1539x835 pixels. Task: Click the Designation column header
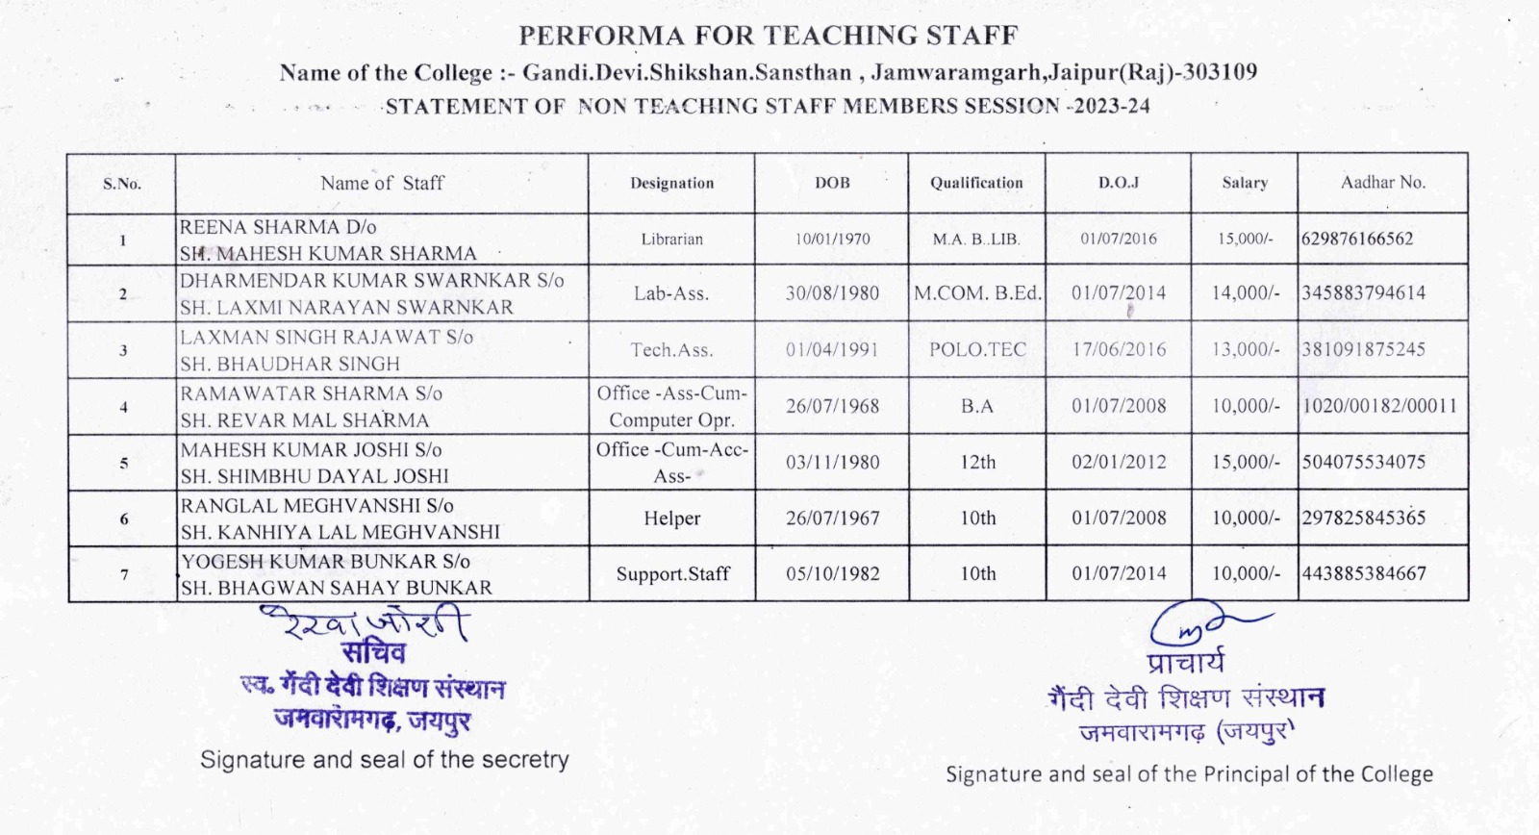[671, 183]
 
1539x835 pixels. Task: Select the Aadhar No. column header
[1382, 182]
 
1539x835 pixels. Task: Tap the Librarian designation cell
[671, 239]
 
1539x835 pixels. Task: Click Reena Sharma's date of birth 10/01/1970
[832, 239]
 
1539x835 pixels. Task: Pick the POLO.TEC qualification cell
[977, 349]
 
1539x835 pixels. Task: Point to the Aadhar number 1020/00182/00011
[1379, 406]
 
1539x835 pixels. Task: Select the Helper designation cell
[671, 519]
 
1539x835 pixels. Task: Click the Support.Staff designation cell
[672, 574]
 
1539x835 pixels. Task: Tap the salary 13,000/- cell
[1245, 349]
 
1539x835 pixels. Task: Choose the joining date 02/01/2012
[1119, 462]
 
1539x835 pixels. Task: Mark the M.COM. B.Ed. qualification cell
[977, 292]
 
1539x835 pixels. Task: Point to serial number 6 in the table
[123, 519]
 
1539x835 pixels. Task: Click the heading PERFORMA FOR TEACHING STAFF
[768, 36]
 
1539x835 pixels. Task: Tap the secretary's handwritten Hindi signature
[366, 623]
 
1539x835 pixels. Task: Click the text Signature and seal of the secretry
[384, 760]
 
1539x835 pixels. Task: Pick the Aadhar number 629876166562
[1357, 239]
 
